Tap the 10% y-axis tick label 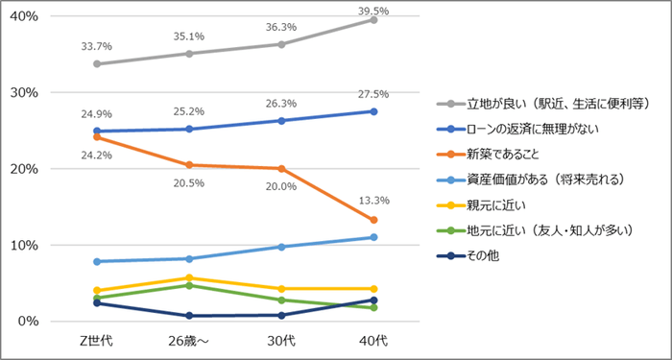coord(21,245)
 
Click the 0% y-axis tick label coord(25,321)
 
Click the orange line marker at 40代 coord(372,220)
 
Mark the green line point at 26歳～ coord(191,285)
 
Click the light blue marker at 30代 coord(281,247)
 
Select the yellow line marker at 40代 coord(372,288)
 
